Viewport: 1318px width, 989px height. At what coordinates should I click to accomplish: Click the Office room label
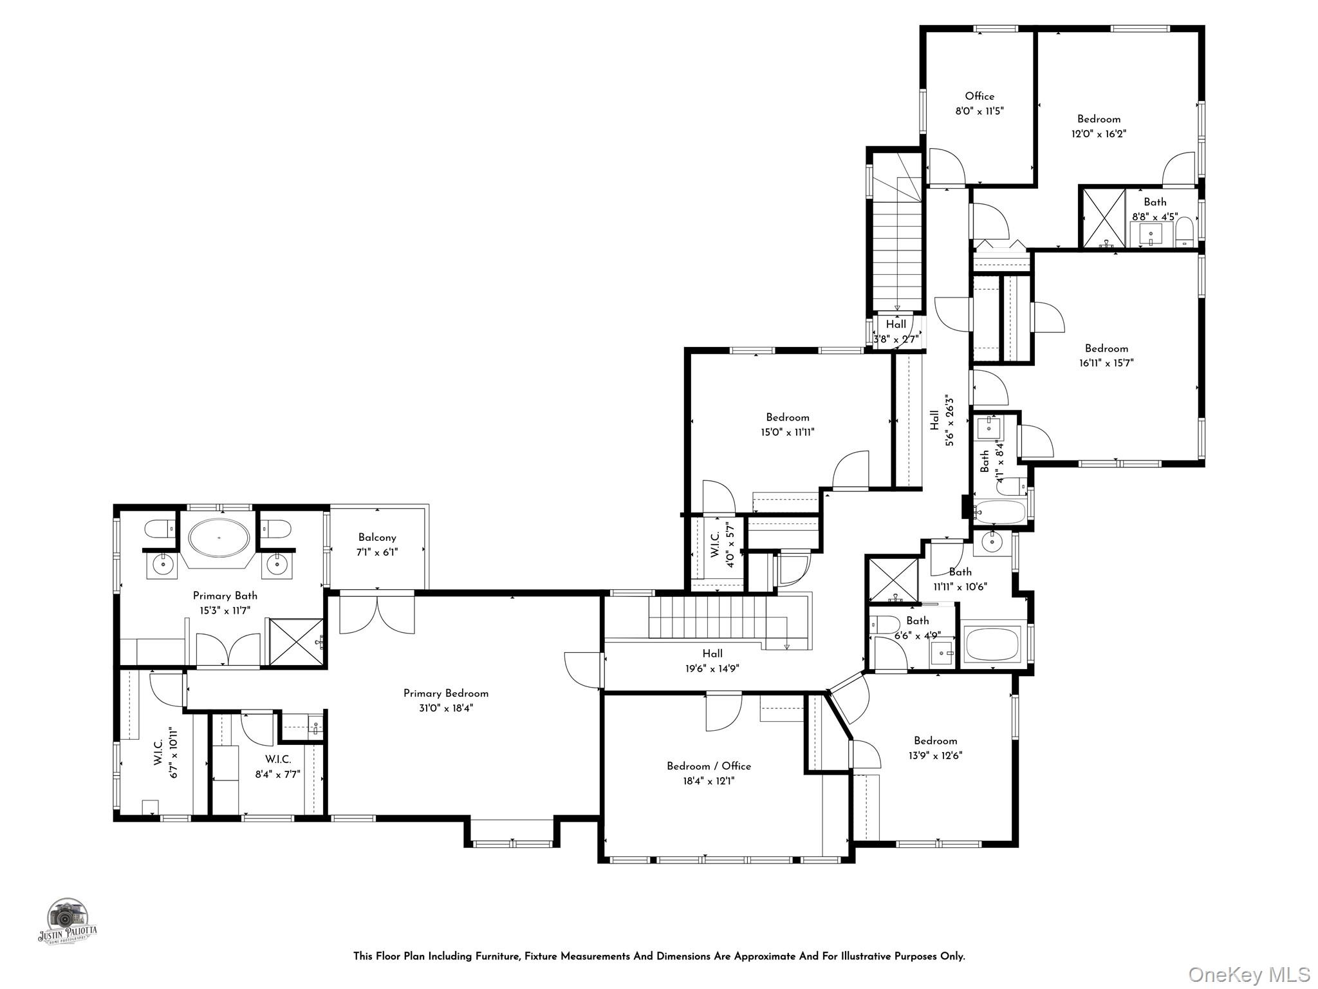(979, 97)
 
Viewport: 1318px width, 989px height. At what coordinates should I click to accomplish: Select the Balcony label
(377, 538)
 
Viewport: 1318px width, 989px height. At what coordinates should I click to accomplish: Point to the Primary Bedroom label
(445, 693)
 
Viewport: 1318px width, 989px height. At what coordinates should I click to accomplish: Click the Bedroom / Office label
(709, 766)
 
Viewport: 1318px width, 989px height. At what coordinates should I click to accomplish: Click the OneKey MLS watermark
(1248, 974)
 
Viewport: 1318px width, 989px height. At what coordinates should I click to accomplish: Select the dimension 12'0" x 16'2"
(1099, 134)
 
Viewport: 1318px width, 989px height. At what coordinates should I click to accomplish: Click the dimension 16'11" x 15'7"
(1106, 363)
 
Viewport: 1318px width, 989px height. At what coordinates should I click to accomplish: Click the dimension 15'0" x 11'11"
(788, 433)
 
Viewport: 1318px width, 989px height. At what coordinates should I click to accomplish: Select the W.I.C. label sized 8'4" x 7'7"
(278, 760)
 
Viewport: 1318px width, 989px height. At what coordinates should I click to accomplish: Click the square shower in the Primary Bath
(296, 642)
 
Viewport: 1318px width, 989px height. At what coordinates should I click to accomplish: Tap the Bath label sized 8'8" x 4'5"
(1155, 202)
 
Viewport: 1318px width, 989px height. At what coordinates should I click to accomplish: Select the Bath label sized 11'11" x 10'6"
(960, 572)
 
